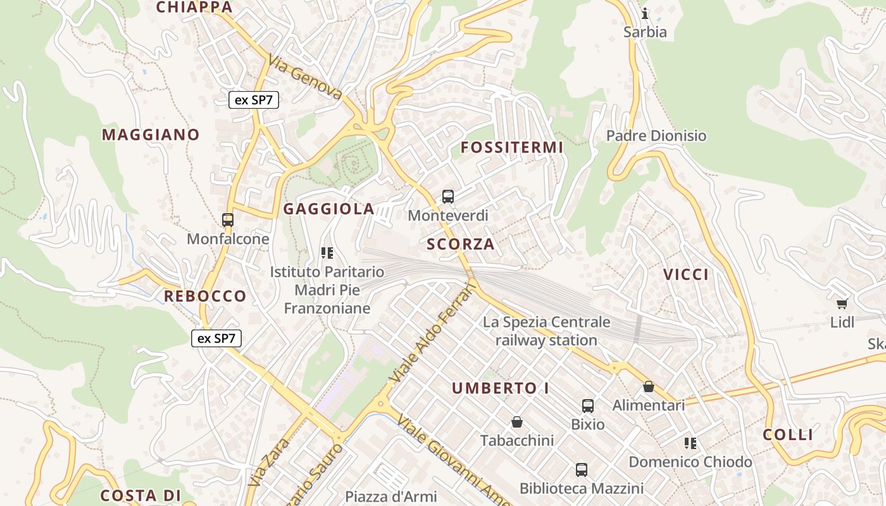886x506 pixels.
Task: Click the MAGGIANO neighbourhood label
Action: [x=151, y=135]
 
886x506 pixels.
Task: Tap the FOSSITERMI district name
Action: [x=511, y=147]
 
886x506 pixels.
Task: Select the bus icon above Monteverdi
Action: [x=448, y=197]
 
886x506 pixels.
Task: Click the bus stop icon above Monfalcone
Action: [x=228, y=220]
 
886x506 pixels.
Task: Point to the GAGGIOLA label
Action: [x=328, y=209]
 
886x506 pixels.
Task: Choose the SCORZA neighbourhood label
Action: [x=460, y=244]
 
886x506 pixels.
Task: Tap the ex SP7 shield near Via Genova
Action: [x=254, y=99]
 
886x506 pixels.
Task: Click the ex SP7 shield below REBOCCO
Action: [x=216, y=338]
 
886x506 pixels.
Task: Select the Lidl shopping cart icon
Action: [x=842, y=304]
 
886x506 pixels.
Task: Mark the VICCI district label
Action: [x=686, y=274]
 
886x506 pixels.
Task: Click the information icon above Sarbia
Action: [x=645, y=13]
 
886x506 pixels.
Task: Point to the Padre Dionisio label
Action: [x=656, y=135]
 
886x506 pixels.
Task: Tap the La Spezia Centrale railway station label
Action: [x=546, y=331]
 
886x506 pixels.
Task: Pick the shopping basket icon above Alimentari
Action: [x=648, y=386]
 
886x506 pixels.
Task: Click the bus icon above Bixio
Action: [x=588, y=405]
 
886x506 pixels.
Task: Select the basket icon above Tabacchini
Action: [x=517, y=422]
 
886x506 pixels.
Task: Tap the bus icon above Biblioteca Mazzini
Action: [x=582, y=470]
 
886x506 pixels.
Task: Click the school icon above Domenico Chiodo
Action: [x=690, y=443]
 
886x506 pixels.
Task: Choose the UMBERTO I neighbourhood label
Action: [x=500, y=388]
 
